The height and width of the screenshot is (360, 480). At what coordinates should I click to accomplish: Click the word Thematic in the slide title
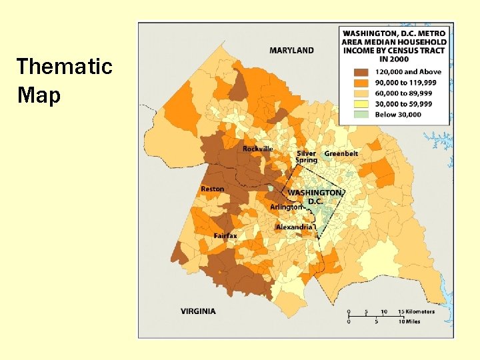(64, 67)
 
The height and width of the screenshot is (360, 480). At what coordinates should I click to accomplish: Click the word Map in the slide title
(39, 95)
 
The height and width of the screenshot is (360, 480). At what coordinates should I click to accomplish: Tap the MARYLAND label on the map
(291, 50)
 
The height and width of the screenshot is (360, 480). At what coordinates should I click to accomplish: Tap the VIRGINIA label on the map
(198, 311)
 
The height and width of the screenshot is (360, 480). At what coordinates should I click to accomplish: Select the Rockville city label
(257, 149)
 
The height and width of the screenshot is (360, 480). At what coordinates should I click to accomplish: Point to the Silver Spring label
(307, 157)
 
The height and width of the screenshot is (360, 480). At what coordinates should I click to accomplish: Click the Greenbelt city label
(341, 153)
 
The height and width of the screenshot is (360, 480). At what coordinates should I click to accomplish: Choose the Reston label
(212, 189)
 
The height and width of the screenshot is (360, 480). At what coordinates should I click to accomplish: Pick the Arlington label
(285, 207)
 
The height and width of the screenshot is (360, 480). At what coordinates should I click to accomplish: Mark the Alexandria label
(294, 227)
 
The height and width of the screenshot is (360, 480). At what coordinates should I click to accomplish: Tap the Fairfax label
(225, 236)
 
